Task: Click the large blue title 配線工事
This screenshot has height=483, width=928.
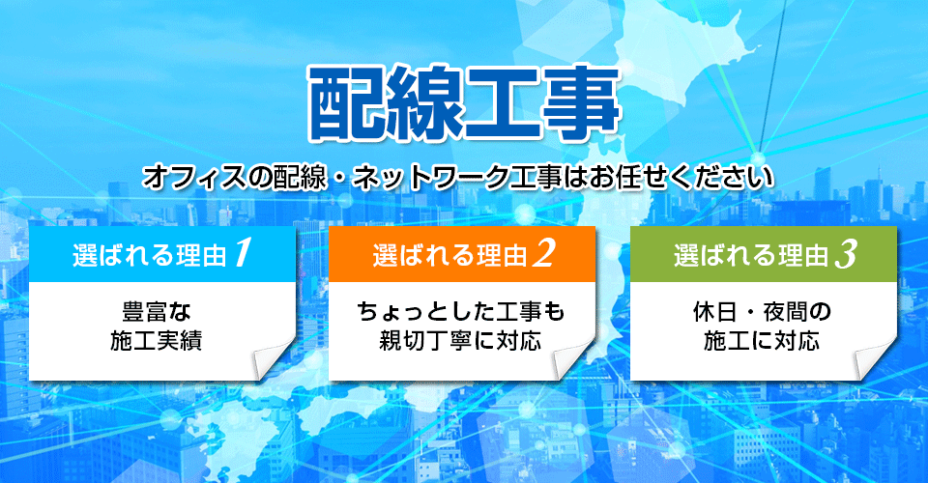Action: (x=464, y=101)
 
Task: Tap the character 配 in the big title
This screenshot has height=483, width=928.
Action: (x=346, y=101)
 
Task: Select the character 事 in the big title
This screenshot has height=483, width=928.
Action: (x=581, y=101)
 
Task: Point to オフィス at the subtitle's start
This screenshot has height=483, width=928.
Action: (x=194, y=178)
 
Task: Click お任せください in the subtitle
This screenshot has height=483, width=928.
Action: (x=681, y=178)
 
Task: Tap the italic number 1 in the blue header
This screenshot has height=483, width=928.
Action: (x=244, y=253)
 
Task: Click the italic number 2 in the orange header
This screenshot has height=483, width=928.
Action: (x=543, y=253)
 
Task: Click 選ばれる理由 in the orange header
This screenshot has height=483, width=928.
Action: (x=449, y=255)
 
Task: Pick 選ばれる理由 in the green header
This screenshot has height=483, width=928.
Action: (x=750, y=255)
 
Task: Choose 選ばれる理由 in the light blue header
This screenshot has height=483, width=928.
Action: (x=150, y=255)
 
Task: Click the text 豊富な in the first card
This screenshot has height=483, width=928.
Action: (x=157, y=312)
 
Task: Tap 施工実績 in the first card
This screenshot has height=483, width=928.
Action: (x=157, y=341)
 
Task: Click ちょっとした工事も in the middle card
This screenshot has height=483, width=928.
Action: (x=461, y=312)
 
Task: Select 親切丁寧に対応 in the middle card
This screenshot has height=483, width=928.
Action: (x=460, y=341)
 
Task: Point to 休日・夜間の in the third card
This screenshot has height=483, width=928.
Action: (x=763, y=312)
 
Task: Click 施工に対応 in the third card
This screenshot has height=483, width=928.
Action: (x=762, y=341)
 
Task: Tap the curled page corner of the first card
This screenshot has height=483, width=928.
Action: (x=273, y=358)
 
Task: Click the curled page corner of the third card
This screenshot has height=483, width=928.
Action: (x=874, y=358)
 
